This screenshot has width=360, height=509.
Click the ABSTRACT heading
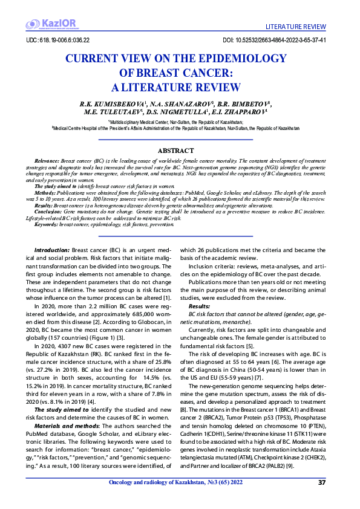[x=175, y=150]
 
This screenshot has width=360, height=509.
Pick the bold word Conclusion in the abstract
[x=47, y=211]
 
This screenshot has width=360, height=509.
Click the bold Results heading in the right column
[x=199, y=306]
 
